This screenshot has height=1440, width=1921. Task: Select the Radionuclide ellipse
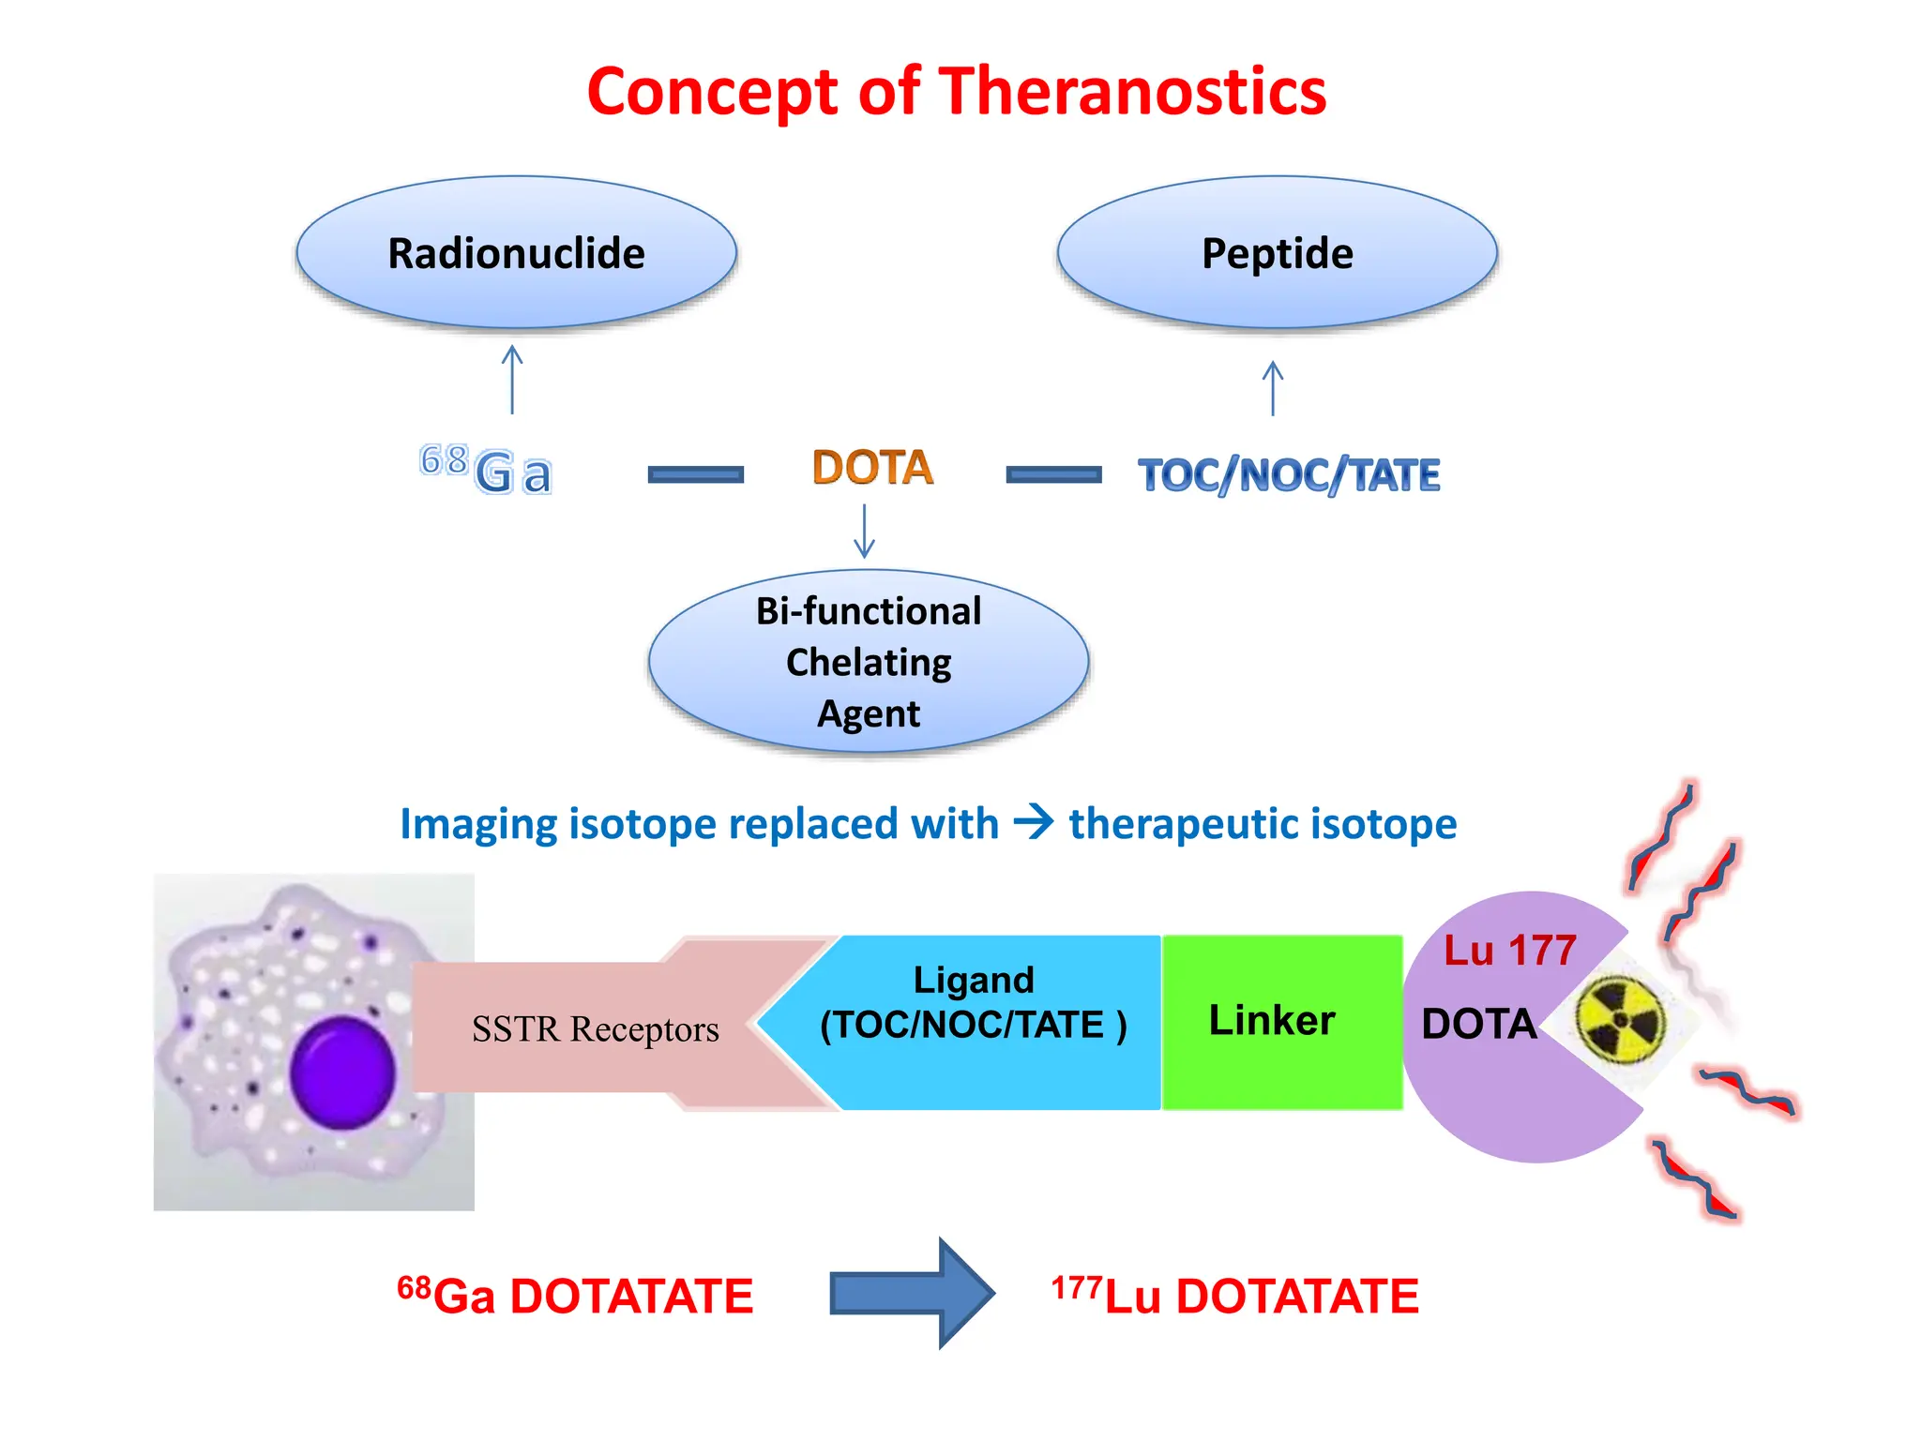(x=516, y=253)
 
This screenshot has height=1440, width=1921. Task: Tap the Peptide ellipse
(x=1277, y=253)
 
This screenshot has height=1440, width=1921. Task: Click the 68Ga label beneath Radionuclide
(x=486, y=469)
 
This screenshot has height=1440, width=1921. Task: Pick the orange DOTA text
(x=872, y=467)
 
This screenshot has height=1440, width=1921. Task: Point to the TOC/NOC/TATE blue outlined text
(x=1289, y=474)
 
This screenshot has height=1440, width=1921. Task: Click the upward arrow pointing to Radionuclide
(x=512, y=379)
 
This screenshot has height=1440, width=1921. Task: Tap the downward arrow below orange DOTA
(x=864, y=531)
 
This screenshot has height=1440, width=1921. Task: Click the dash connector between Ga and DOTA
(x=695, y=474)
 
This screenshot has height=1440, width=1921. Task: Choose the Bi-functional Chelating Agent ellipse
(x=869, y=662)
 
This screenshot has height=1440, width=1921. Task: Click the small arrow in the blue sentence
(x=1034, y=822)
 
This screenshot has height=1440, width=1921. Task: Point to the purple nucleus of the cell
(x=342, y=1072)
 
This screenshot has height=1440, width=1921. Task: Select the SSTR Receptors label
(x=595, y=1028)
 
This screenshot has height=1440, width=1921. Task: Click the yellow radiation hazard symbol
(x=1619, y=1020)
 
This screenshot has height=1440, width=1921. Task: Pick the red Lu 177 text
(x=1509, y=951)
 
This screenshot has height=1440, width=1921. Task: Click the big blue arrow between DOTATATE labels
(x=911, y=1294)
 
